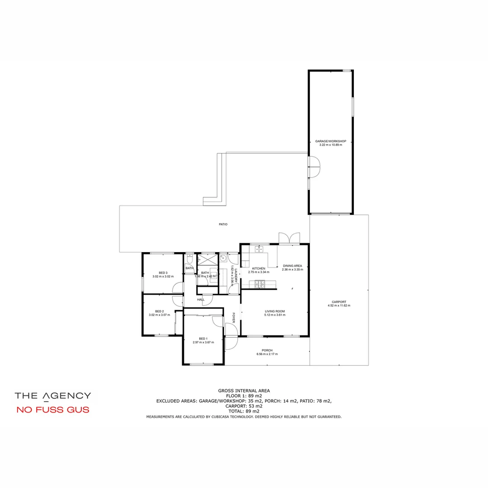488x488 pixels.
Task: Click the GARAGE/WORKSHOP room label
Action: (330, 141)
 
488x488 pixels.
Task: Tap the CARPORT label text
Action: (338, 302)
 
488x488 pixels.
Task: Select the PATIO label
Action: (223, 224)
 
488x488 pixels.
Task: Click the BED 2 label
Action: (159, 311)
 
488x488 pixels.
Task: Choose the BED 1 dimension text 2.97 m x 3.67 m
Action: (203, 343)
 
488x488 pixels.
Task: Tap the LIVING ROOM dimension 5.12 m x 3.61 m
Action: (275, 315)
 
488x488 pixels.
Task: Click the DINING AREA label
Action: (292, 266)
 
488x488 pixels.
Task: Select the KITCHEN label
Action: (258, 268)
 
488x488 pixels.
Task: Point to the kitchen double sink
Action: (258, 249)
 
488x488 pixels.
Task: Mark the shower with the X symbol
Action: (208, 259)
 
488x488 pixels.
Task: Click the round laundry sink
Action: (223, 258)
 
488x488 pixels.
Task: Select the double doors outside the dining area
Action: (289, 238)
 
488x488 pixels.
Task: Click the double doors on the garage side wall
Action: (314, 167)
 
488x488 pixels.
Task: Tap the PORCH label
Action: (267, 350)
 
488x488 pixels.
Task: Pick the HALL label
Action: (201, 300)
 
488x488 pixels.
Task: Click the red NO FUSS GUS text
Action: (52, 410)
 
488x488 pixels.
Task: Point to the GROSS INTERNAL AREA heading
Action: (244, 390)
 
